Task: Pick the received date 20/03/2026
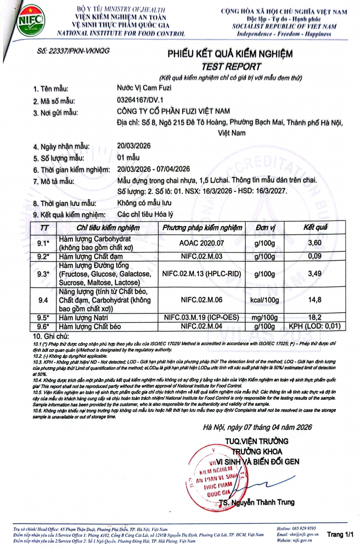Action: pyautogui.click(x=134, y=147)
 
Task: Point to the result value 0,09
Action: pyautogui.click(x=315, y=257)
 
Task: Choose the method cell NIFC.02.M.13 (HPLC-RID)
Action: pyautogui.click(x=203, y=274)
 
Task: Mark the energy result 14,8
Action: pyautogui.click(x=315, y=300)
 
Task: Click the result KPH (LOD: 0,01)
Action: pyautogui.click(x=315, y=326)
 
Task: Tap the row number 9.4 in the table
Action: pyautogui.click(x=43, y=300)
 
